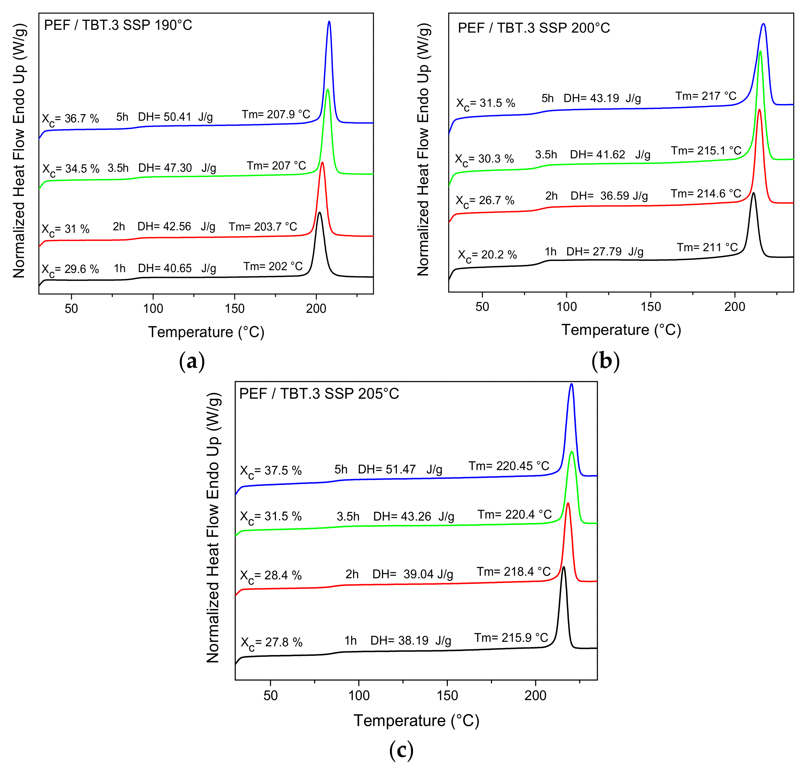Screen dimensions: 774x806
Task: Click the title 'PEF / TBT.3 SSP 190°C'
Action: [x=118, y=25]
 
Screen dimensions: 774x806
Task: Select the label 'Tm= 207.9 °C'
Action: [x=276, y=114]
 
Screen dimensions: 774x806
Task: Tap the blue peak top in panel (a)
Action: [x=329, y=22]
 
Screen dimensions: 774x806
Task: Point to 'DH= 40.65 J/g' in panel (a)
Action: [x=177, y=268]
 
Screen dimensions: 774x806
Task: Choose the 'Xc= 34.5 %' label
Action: [x=71, y=169]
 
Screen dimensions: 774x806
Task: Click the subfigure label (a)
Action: [x=192, y=362]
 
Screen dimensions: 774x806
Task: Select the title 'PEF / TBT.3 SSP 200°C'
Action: [x=534, y=28]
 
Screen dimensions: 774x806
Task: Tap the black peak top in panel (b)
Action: [x=753, y=193]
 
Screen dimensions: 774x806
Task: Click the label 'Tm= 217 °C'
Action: [x=706, y=96]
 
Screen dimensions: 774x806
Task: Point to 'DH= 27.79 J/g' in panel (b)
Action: [x=604, y=251]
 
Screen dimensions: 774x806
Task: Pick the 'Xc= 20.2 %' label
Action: [x=487, y=255]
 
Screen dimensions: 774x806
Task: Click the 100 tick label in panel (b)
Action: [x=566, y=306]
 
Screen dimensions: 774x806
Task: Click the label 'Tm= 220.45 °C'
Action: [x=509, y=466]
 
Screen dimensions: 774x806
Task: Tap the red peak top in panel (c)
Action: [x=568, y=503]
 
